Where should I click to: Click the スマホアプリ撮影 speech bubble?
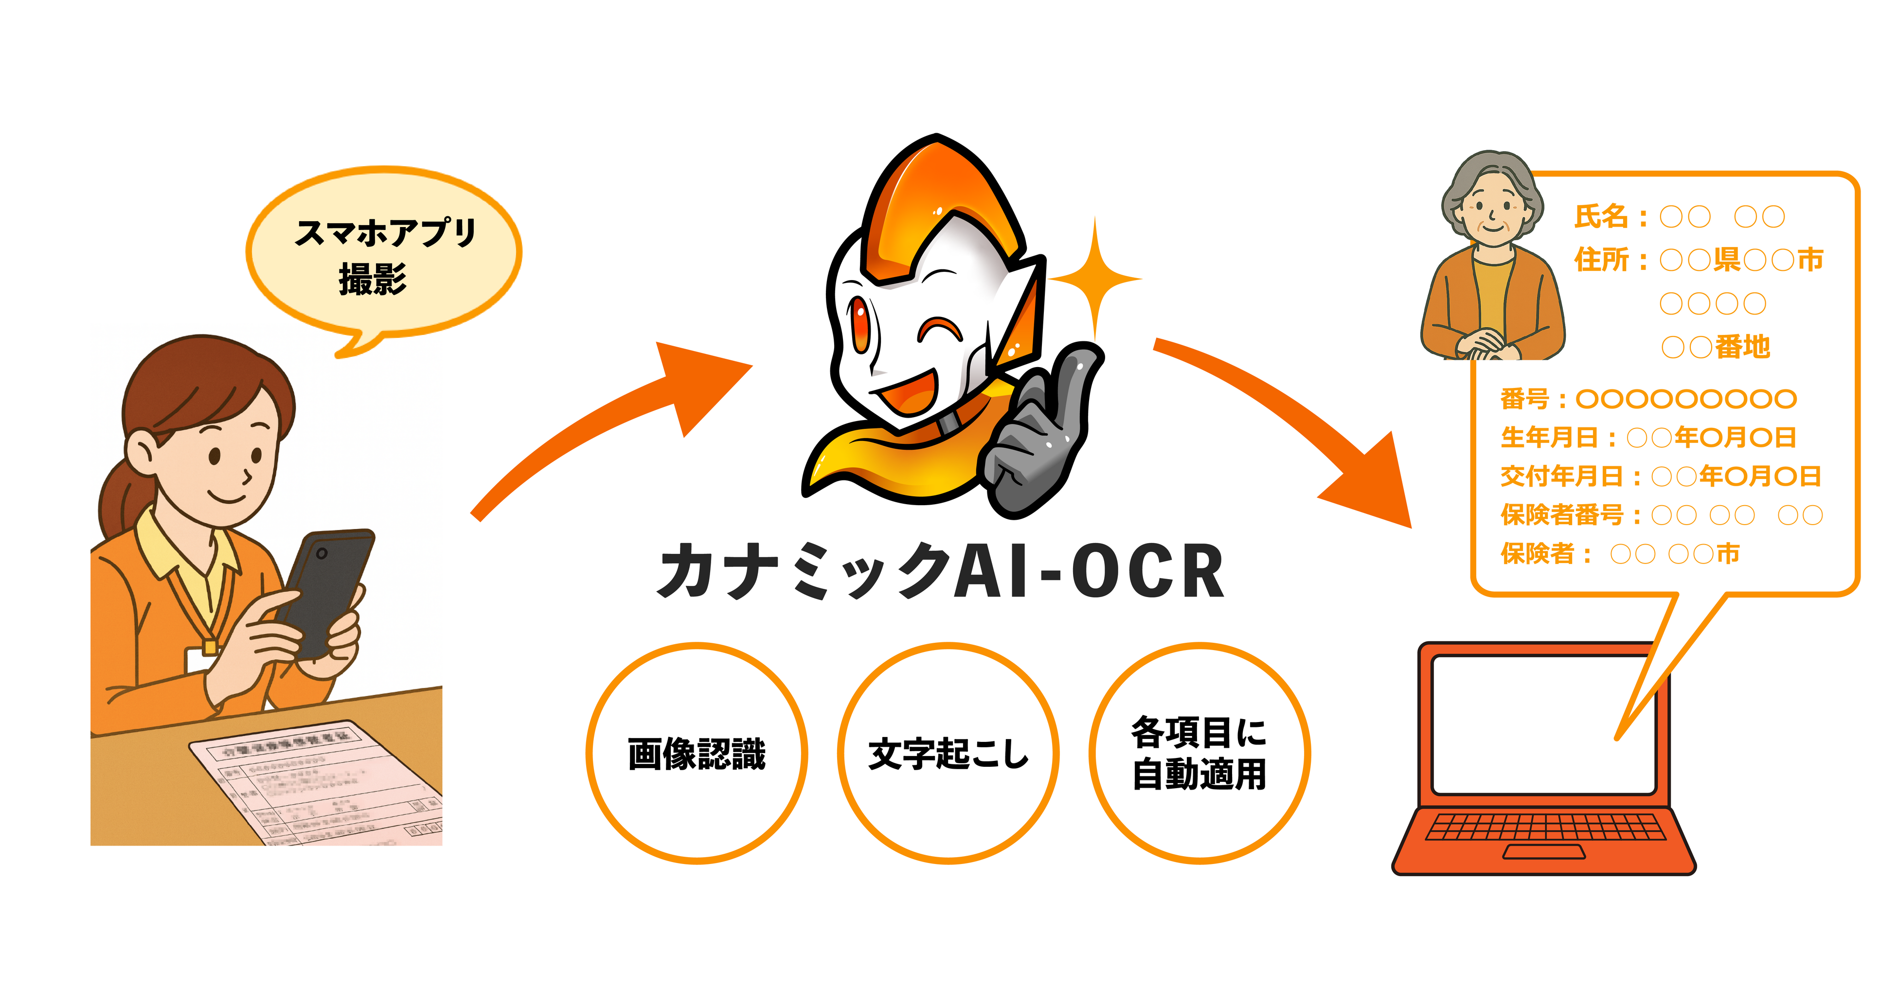click(x=383, y=254)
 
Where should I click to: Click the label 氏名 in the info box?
click(x=1600, y=216)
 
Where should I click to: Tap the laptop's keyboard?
click(x=1545, y=827)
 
